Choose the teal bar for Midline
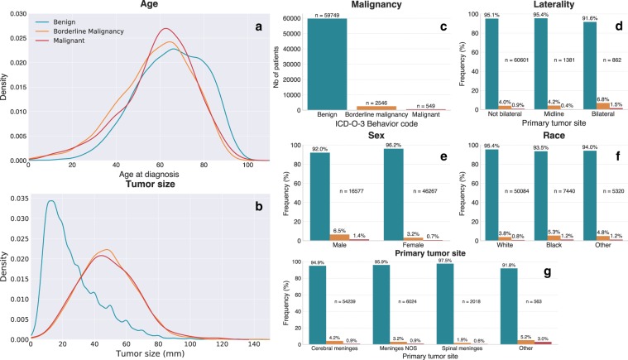click(544, 63)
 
